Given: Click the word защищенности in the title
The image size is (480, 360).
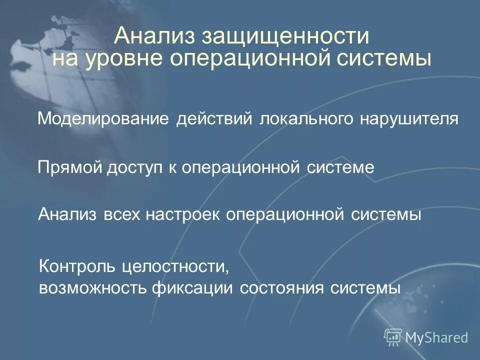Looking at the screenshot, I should tap(285, 37).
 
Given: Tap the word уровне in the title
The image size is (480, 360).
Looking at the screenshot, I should tap(124, 59).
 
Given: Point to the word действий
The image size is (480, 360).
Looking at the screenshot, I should tap(215, 119).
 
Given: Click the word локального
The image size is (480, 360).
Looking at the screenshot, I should tap(306, 119).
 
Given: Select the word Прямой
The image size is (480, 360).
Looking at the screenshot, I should tap(69, 167).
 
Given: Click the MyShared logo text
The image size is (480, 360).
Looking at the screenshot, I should tap(436, 337).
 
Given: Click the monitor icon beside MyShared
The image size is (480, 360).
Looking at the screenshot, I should tap(393, 336).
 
